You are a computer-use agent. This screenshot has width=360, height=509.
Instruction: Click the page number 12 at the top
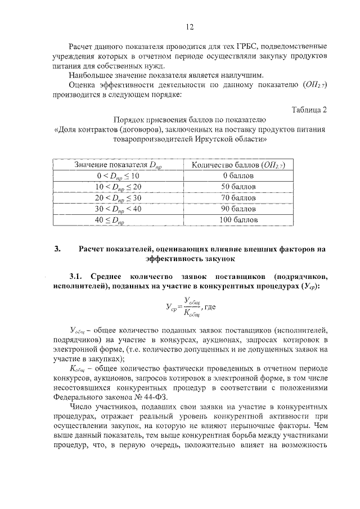[190, 26]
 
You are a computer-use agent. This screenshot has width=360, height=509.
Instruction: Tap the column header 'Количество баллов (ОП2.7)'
[238, 165]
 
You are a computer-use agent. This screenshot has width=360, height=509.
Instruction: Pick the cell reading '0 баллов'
[238, 175]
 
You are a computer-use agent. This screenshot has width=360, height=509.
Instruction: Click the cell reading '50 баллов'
[238, 186]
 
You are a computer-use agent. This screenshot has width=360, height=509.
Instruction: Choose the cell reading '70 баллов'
[238, 197]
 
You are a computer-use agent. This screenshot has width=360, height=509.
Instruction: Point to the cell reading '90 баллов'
[238, 209]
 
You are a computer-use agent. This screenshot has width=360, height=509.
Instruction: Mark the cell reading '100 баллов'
[238, 219]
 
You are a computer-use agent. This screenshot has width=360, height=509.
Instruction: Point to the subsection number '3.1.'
[76, 277]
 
